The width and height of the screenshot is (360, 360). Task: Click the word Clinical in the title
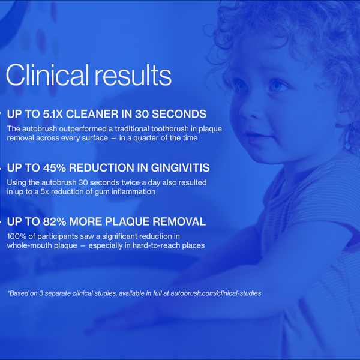click(47, 75)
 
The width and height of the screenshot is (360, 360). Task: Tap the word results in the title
click(133, 75)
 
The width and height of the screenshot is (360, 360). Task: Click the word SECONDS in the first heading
click(179, 114)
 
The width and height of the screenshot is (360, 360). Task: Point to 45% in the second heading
click(55, 168)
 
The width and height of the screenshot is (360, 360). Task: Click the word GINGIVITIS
click(180, 168)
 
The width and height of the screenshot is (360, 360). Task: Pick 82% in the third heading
click(55, 221)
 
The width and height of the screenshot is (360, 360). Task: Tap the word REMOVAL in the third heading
click(179, 221)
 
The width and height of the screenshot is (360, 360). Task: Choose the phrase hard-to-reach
click(157, 245)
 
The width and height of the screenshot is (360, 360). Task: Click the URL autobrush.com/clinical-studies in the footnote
click(216, 293)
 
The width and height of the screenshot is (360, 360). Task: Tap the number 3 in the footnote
click(41, 293)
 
